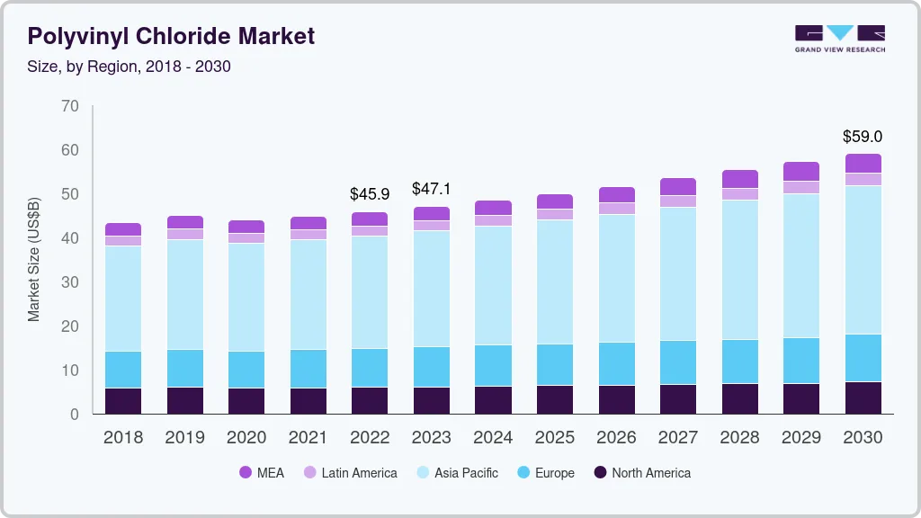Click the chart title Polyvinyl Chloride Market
(171, 36)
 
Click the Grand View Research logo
(839, 38)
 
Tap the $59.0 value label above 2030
(862, 137)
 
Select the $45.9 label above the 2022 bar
(369, 193)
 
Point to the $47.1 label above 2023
(431, 189)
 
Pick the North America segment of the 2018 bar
(123, 400)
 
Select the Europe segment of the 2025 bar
(555, 364)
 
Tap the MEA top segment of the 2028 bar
(739, 178)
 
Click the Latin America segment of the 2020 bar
(246, 237)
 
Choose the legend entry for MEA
(261, 472)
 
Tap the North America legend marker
(600, 472)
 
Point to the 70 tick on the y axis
(70, 106)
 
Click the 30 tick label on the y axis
(70, 282)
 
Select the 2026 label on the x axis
(616, 438)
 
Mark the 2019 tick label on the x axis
(184, 438)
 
